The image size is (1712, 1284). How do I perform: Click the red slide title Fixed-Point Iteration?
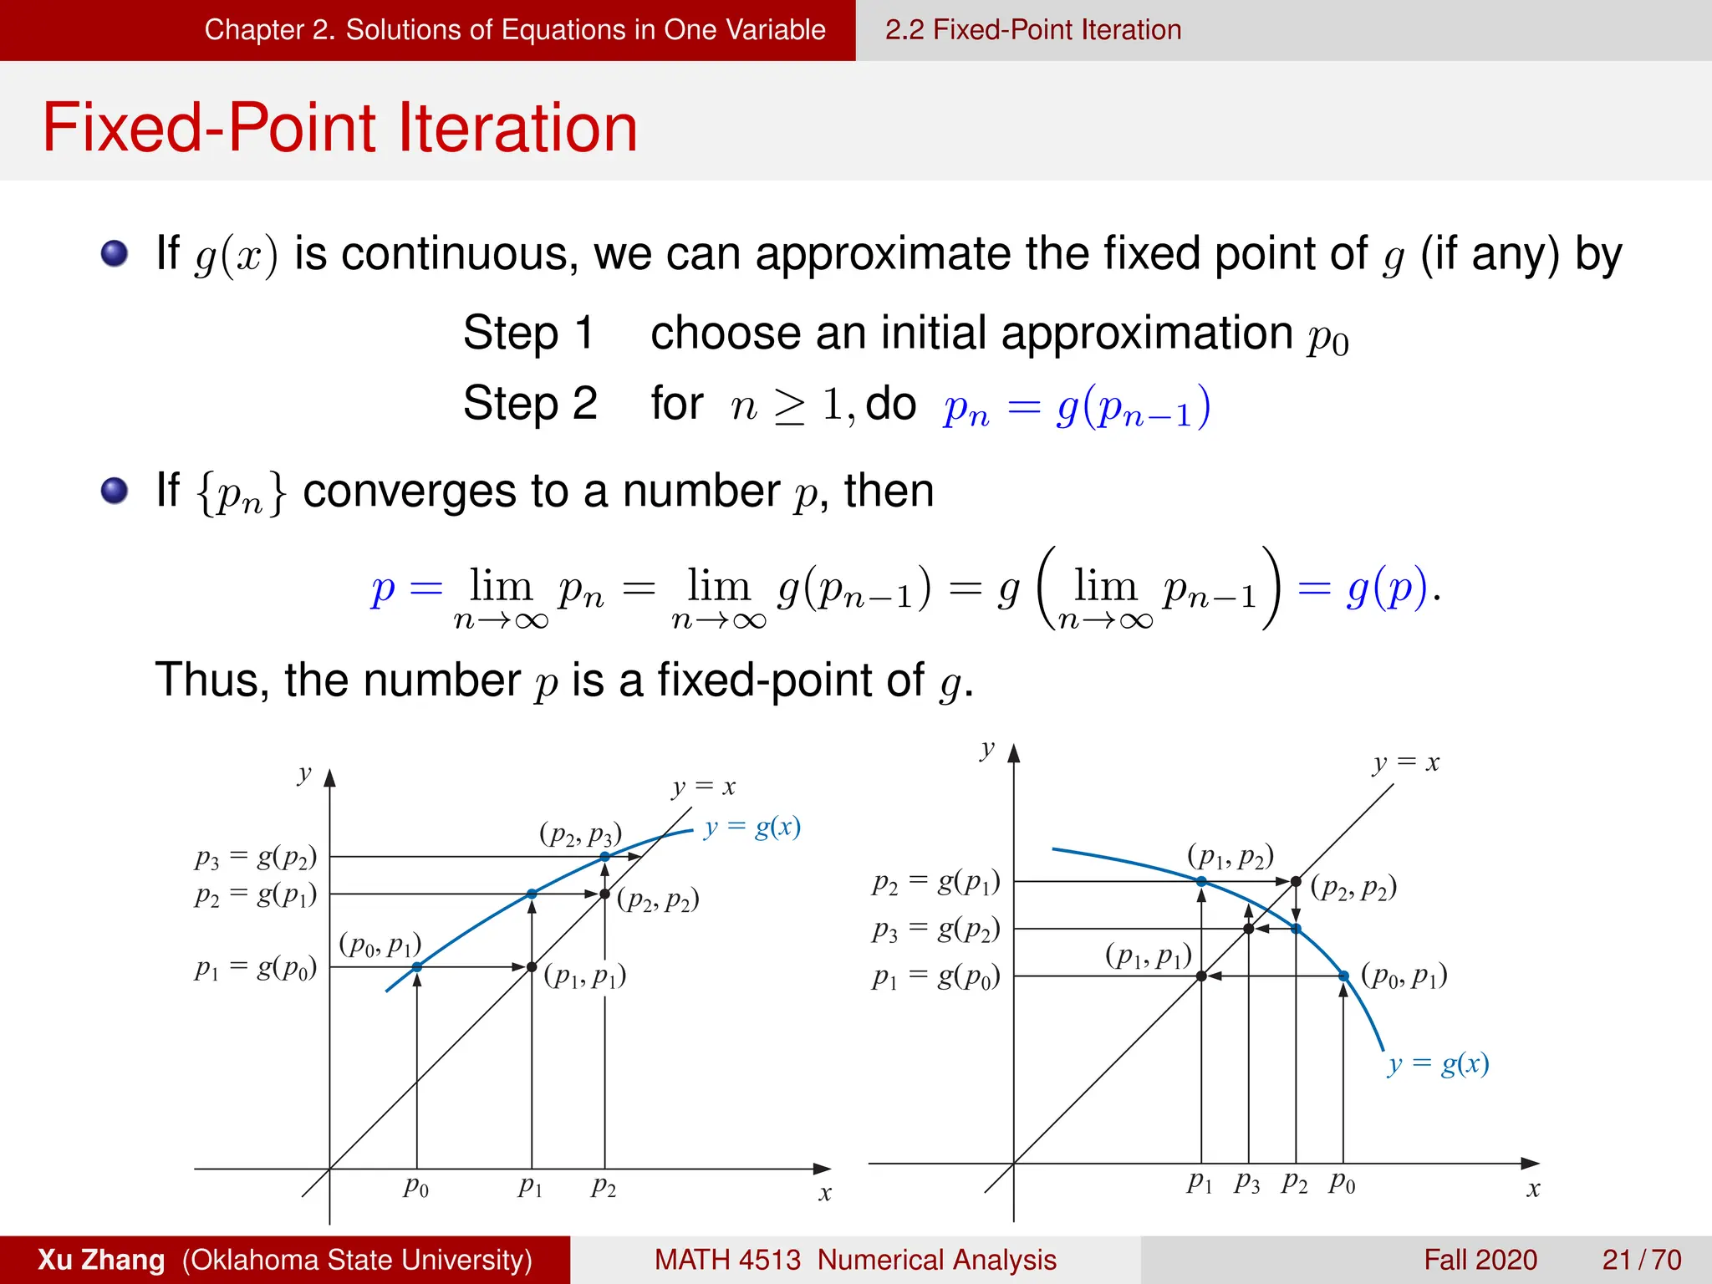tap(339, 128)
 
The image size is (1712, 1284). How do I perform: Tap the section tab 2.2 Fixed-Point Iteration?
tap(1032, 30)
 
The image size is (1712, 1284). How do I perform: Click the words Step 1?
tap(528, 333)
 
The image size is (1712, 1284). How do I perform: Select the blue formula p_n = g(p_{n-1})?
tap(1077, 407)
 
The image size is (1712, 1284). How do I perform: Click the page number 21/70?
tap(1641, 1259)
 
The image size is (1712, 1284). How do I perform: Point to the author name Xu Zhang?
tap(101, 1259)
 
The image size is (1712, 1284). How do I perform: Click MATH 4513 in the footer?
tap(726, 1259)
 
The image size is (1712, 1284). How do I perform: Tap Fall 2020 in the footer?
tap(1480, 1259)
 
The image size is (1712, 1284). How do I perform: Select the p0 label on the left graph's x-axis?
tap(416, 1186)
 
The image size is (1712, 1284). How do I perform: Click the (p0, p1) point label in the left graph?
tap(380, 945)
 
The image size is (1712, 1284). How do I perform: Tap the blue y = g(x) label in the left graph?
tap(752, 828)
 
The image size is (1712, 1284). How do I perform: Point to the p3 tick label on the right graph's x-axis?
tap(1246, 1182)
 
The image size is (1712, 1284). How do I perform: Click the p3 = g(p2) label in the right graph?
tap(935, 929)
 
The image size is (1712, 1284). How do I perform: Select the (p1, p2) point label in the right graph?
tap(1230, 857)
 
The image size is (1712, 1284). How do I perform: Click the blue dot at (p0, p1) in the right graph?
tap(1343, 976)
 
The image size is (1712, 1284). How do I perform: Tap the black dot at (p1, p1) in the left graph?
tap(532, 967)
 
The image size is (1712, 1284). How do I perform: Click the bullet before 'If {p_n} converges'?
tap(115, 491)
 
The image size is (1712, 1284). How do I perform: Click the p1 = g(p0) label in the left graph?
tap(256, 968)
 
